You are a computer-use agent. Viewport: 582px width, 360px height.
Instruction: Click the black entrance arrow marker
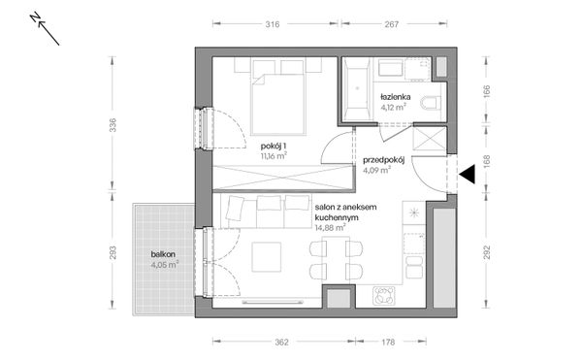[x=467, y=175]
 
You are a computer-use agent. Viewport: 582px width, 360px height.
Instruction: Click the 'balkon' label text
[x=163, y=253]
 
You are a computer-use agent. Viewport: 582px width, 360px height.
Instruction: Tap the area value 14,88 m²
[x=330, y=230]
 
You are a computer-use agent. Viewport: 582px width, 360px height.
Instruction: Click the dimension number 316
[x=274, y=27]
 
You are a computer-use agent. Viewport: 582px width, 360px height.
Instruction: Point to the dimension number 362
[x=280, y=342]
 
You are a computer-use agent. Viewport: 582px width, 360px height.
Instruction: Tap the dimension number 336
[x=113, y=125]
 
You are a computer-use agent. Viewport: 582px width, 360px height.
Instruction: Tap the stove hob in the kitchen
[x=384, y=295]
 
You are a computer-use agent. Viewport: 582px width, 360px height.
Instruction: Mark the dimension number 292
[x=486, y=254]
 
